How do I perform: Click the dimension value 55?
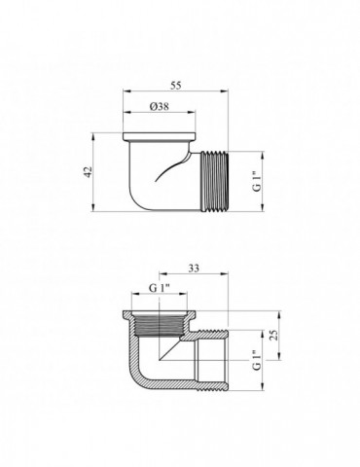click(175, 86)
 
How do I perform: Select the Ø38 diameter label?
click(159, 106)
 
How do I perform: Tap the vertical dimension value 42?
click(88, 172)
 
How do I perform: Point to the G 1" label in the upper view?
click(257, 182)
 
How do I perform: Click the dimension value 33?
click(194, 269)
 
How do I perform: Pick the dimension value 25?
click(274, 335)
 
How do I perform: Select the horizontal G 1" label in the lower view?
click(160, 288)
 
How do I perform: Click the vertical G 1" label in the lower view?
click(257, 360)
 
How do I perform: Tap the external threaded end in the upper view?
click(215, 182)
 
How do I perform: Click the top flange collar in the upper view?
click(160, 136)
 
